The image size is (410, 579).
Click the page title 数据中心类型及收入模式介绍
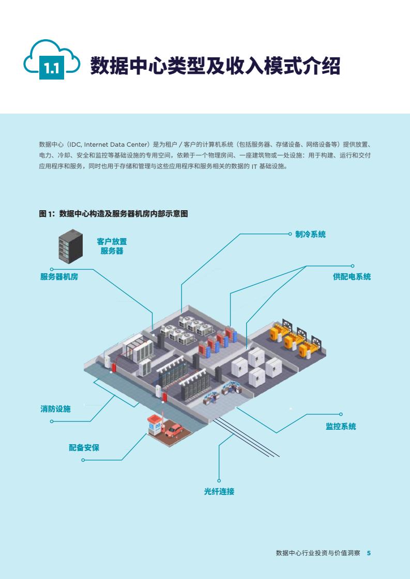215,66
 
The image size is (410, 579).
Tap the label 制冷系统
310,234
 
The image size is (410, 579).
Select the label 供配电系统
352,277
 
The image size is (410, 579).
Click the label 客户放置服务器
112,246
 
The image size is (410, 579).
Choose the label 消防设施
55,409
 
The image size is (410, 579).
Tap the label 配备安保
84,448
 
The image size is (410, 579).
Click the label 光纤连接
219,492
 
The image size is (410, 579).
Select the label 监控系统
341,427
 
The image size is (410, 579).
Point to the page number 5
369,553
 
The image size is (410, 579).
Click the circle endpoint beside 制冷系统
291,234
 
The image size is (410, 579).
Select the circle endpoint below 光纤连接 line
219,481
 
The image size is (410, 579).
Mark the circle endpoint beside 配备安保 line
83,460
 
